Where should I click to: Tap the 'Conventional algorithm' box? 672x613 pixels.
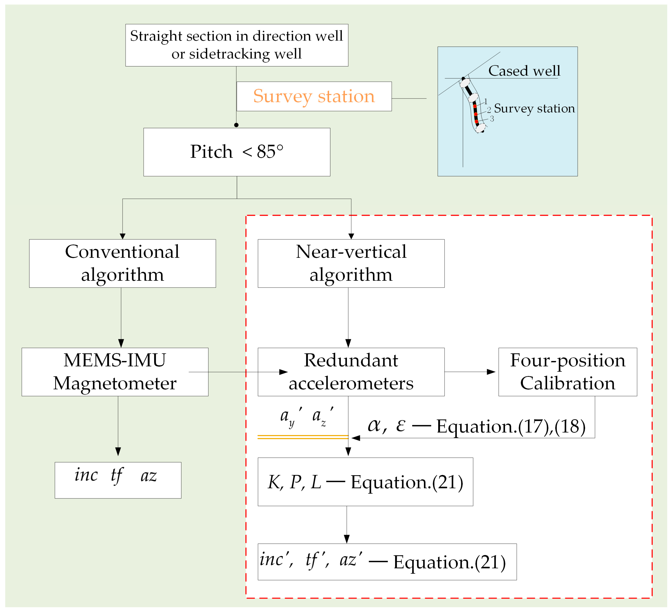122,263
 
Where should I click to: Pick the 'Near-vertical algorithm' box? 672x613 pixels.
351,263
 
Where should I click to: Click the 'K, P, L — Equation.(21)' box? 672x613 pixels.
365,482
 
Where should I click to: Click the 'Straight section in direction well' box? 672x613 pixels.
237,45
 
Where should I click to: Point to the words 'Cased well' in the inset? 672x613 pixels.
524,71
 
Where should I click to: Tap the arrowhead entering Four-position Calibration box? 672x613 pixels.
491,372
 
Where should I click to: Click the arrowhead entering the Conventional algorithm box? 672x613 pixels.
123,236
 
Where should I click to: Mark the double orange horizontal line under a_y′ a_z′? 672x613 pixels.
303,437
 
